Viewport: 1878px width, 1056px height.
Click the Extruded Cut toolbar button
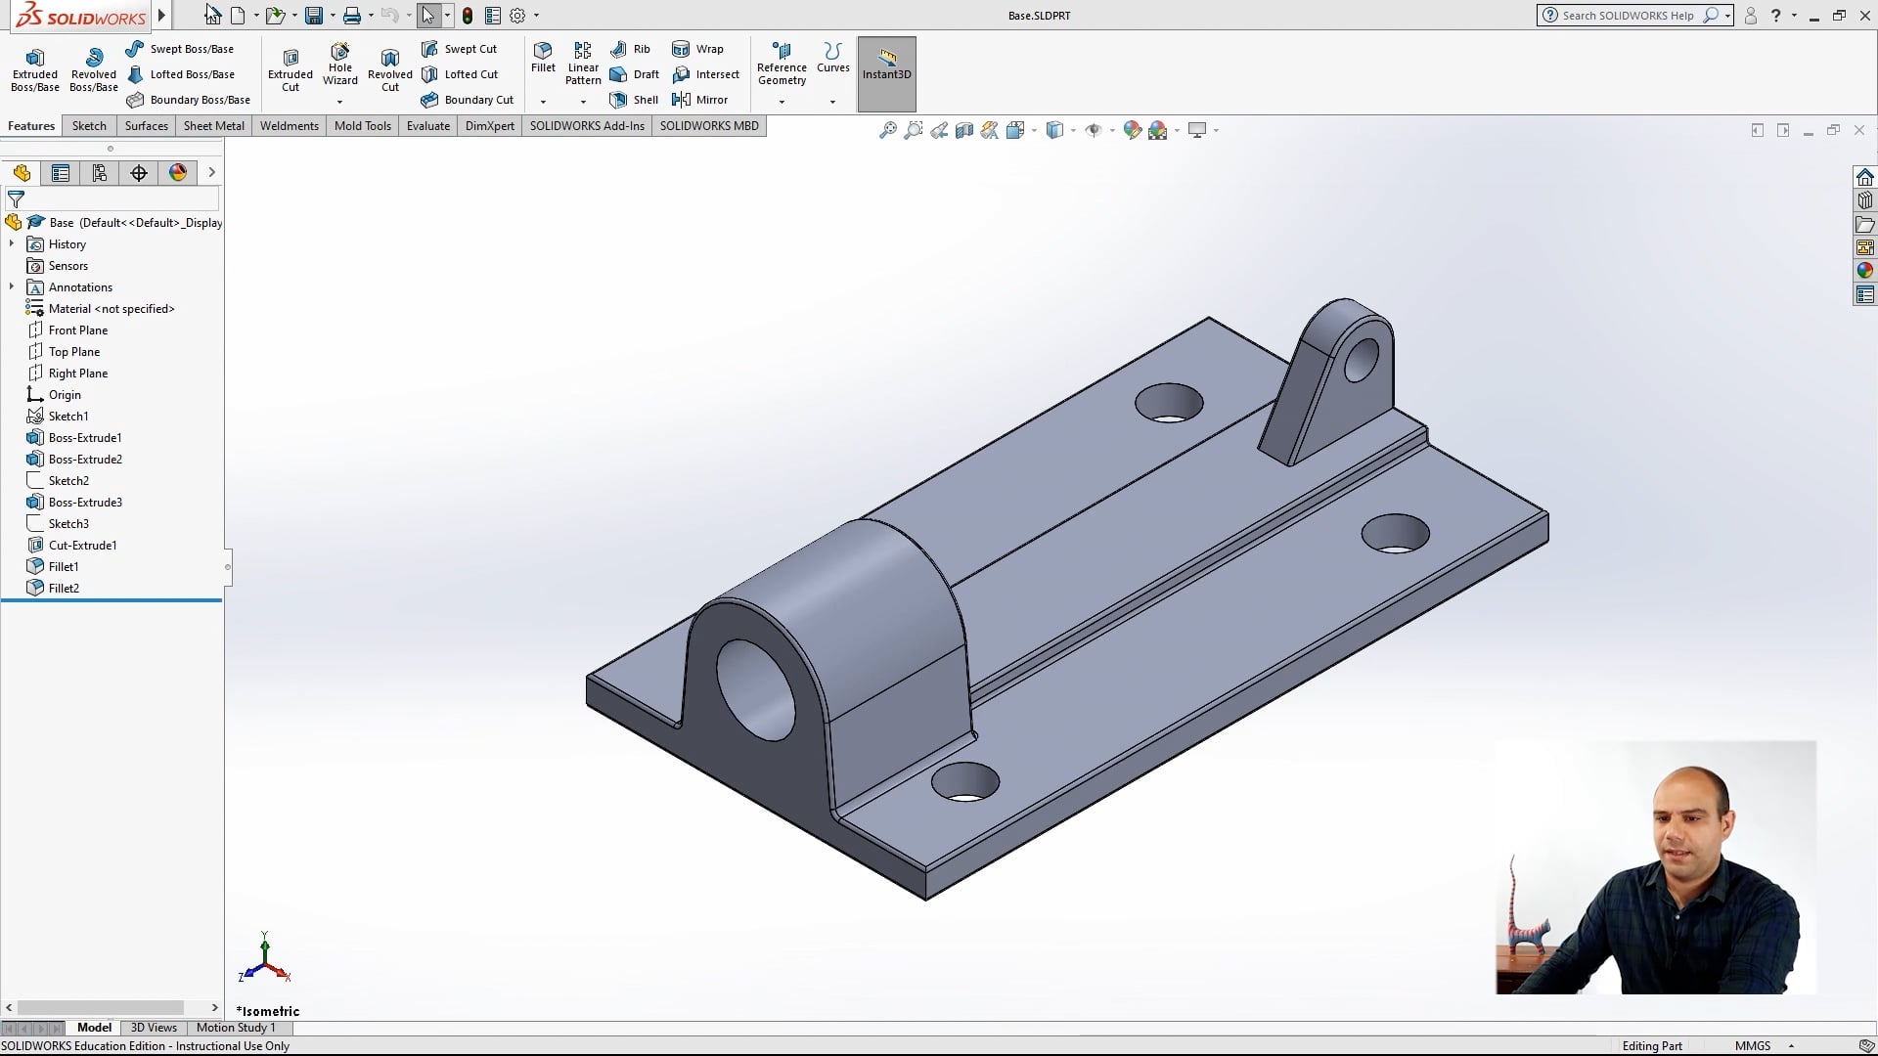click(291, 68)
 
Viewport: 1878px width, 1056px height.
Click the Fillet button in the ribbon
click(543, 59)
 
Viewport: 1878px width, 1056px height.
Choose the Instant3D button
click(886, 65)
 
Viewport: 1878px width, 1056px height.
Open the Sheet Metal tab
click(213, 126)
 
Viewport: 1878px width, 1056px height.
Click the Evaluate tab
click(427, 126)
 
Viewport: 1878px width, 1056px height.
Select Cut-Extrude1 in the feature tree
click(82, 546)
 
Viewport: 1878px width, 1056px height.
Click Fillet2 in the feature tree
click(64, 589)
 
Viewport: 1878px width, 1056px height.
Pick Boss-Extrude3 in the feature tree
click(85, 503)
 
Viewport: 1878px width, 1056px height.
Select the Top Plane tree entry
click(73, 352)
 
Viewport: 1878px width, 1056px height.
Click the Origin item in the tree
click(65, 395)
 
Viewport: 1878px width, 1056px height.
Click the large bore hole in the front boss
click(756, 689)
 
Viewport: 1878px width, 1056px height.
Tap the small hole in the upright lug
click(1361, 361)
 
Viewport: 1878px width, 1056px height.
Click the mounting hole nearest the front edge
click(964, 782)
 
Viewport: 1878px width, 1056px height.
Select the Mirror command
click(701, 100)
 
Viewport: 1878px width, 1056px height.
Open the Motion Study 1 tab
click(236, 1028)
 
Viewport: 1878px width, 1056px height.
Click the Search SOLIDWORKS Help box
click(1629, 16)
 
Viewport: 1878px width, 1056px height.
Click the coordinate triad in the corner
click(264, 960)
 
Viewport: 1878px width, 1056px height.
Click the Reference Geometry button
click(782, 66)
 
